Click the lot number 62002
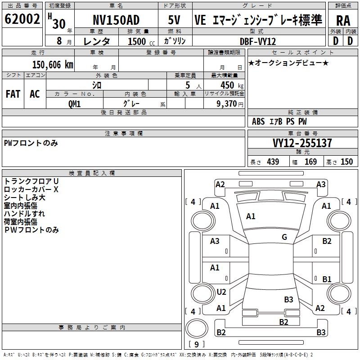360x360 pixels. (x=22, y=19)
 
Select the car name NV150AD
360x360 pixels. (x=116, y=20)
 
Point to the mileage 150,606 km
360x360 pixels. (x=52, y=64)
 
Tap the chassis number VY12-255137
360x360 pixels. (x=302, y=143)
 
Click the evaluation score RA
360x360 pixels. (x=343, y=21)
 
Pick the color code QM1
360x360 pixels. (x=74, y=103)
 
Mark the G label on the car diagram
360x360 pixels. (x=284, y=237)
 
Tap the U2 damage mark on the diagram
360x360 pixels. (x=221, y=292)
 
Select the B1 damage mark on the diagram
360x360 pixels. (x=327, y=279)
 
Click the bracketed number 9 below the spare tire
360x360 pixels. (x=196, y=345)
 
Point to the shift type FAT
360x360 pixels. (x=13, y=94)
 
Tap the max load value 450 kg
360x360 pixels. (x=224, y=85)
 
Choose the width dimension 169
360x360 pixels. (x=311, y=162)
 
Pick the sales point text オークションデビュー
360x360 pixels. (x=288, y=63)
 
